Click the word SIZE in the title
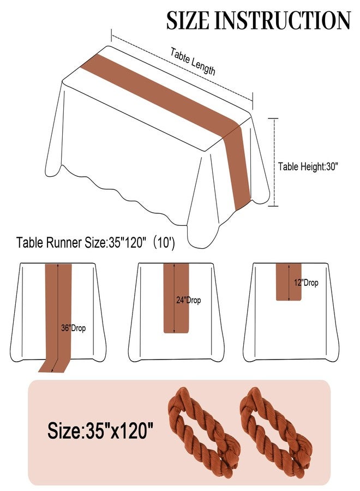187,21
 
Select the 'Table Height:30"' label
308,166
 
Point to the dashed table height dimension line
274,162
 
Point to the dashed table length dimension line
182,68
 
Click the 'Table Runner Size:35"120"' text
81,243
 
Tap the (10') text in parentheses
164,243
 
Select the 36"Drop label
73,328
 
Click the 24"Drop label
188,300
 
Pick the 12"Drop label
306,283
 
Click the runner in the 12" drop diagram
289,282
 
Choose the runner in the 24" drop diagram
177,298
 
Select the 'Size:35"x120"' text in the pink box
100,430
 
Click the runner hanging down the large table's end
238,167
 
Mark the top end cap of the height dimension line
273,119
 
